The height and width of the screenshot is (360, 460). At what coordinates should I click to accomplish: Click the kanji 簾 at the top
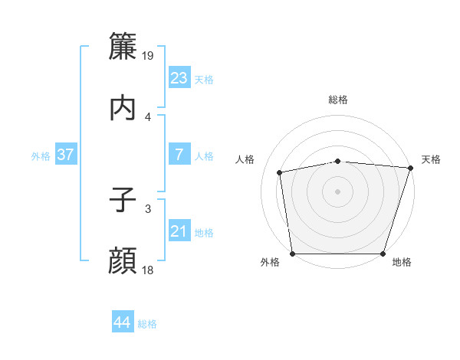[123, 47]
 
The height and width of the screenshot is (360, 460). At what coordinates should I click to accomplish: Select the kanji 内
[123, 108]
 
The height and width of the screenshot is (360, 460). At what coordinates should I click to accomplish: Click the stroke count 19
[149, 56]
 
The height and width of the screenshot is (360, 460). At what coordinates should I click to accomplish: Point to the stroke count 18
[149, 270]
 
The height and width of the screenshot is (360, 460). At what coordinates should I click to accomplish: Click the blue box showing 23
[179, 78]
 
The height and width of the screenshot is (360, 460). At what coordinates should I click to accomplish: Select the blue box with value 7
[179, 155]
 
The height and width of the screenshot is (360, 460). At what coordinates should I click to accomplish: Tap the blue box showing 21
[179, 231]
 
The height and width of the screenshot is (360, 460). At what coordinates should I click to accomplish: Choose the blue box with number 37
[66, 155]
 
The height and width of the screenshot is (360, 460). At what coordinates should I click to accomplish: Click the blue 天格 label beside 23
[204, 80]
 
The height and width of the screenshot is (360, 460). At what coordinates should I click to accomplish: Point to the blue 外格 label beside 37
[41, 156]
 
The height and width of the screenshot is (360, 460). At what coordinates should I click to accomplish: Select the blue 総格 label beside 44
[147, 324]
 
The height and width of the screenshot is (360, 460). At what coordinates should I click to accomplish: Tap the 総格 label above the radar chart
[338, 100]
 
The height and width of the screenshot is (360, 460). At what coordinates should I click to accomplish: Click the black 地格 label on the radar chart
[402, 263]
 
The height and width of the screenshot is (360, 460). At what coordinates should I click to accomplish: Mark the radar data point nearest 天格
[410, 168]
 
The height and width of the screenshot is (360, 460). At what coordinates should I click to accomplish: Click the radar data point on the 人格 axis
[280, 172]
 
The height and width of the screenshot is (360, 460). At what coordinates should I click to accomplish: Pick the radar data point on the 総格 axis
[338, 161]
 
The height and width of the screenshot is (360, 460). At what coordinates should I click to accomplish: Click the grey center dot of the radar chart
[338, 191]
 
